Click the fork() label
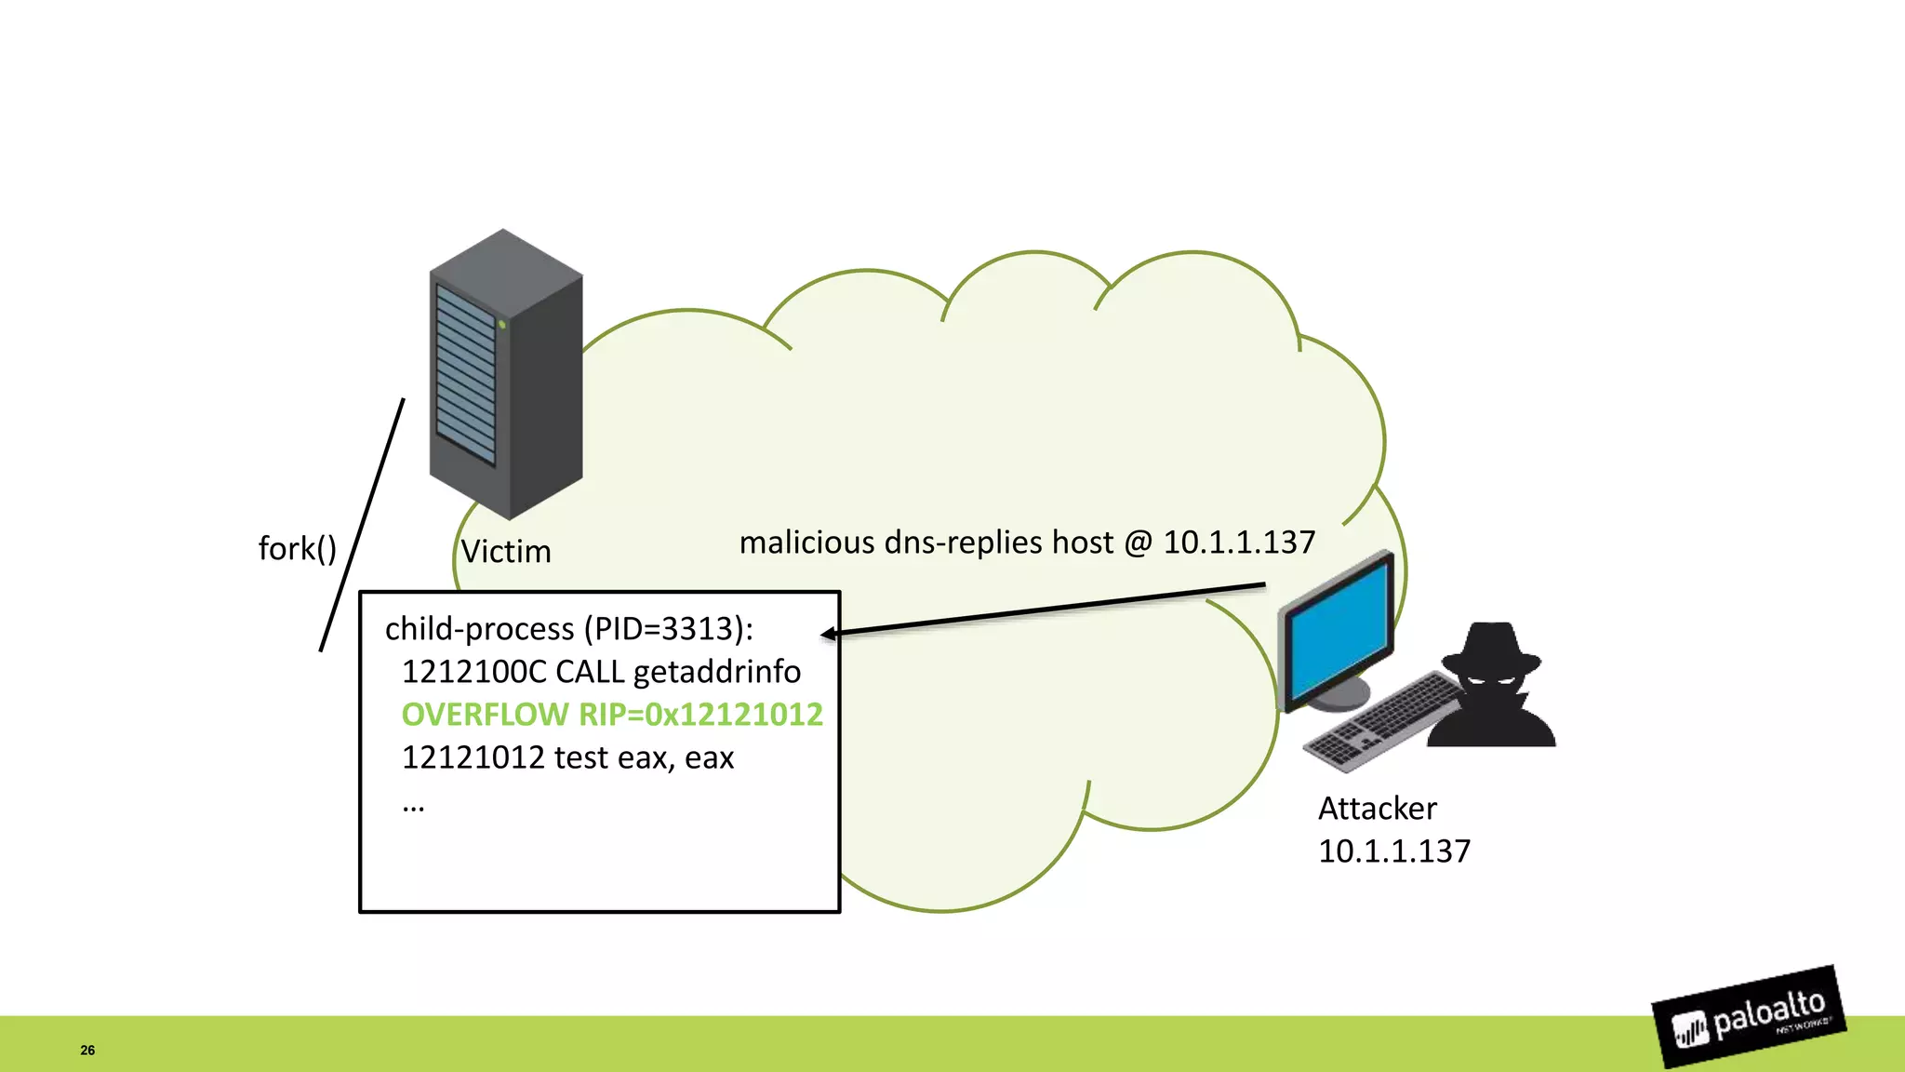297,549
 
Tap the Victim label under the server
506,552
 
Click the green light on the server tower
502,324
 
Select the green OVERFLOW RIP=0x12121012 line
611,715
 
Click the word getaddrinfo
716,672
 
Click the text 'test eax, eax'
644,758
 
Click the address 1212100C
473,672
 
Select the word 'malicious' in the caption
806,543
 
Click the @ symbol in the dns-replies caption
1138,543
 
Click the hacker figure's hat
1491,650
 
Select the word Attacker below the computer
1377,809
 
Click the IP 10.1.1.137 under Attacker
1393,851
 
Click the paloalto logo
1749,1017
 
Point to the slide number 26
87,1050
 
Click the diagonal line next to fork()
362,525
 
